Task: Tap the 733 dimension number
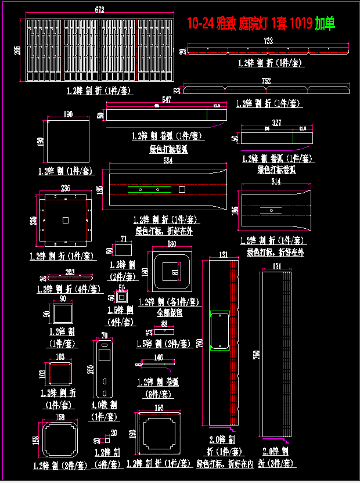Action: [x=268, y=41]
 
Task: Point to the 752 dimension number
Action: [x=266, y=81]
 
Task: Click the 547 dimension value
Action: [x=167, y=100]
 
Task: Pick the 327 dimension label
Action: [x=276, y=123]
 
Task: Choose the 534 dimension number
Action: [x=168, y=160]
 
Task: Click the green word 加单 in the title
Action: [x=325, y=24]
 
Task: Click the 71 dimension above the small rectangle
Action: [x=123, y=239]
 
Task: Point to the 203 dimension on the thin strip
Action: [x=70, y=271]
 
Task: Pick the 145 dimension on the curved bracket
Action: [x=159, y=358]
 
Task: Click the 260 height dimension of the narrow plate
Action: [x=91, y=370]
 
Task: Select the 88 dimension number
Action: [x=164, y=323]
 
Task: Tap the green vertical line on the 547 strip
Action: [x=208, y=114]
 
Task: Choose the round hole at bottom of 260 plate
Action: [x=104, y=381]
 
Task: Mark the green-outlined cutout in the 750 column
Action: [x=219, y=330]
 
